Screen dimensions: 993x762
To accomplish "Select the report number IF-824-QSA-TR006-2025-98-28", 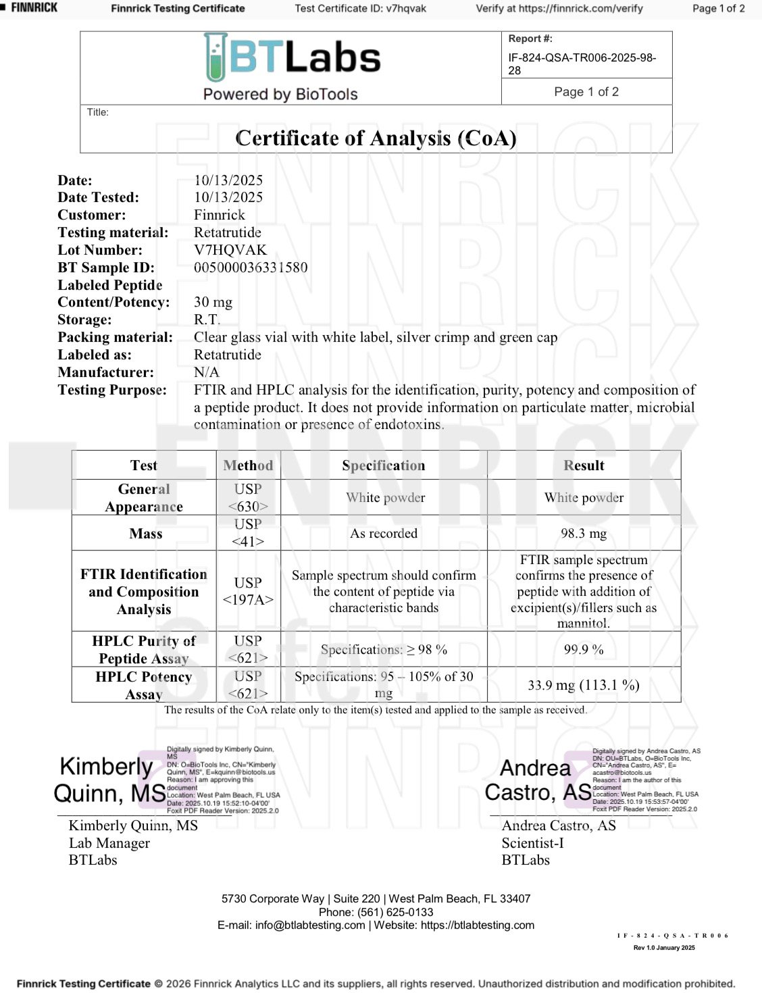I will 582,63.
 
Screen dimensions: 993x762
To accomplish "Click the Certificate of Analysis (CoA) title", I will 376,138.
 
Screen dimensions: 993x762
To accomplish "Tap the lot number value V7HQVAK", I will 230,250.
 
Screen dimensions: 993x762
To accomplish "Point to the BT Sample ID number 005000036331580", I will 251,268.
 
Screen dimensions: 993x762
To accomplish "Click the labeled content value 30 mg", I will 213,303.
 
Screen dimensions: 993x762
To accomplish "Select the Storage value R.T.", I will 207,320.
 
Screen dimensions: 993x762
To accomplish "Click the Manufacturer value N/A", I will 206,372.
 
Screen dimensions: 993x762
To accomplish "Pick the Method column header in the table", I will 248,465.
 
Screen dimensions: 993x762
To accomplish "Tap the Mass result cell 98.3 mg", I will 584,534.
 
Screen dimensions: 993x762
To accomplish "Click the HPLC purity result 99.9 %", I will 584,650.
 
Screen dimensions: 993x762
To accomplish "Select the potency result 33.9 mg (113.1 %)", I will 584,685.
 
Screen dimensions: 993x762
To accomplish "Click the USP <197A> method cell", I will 248,591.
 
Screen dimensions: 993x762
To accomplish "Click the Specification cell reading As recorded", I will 384,534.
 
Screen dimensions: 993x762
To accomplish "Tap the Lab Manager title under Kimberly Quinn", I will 109,843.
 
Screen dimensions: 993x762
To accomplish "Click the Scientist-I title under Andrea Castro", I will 532,843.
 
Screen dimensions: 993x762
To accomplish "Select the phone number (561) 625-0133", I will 395,912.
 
